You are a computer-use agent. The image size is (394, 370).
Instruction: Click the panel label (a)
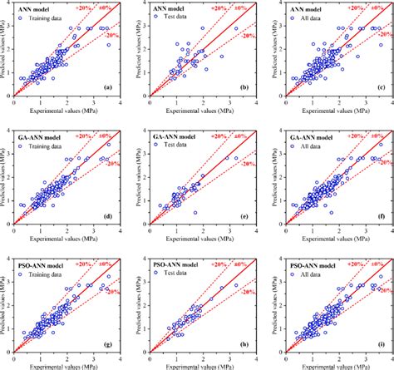click(109, 87)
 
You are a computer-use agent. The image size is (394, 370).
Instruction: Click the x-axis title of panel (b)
click(197, 109)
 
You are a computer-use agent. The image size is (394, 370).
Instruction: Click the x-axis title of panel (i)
click(329, 364)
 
